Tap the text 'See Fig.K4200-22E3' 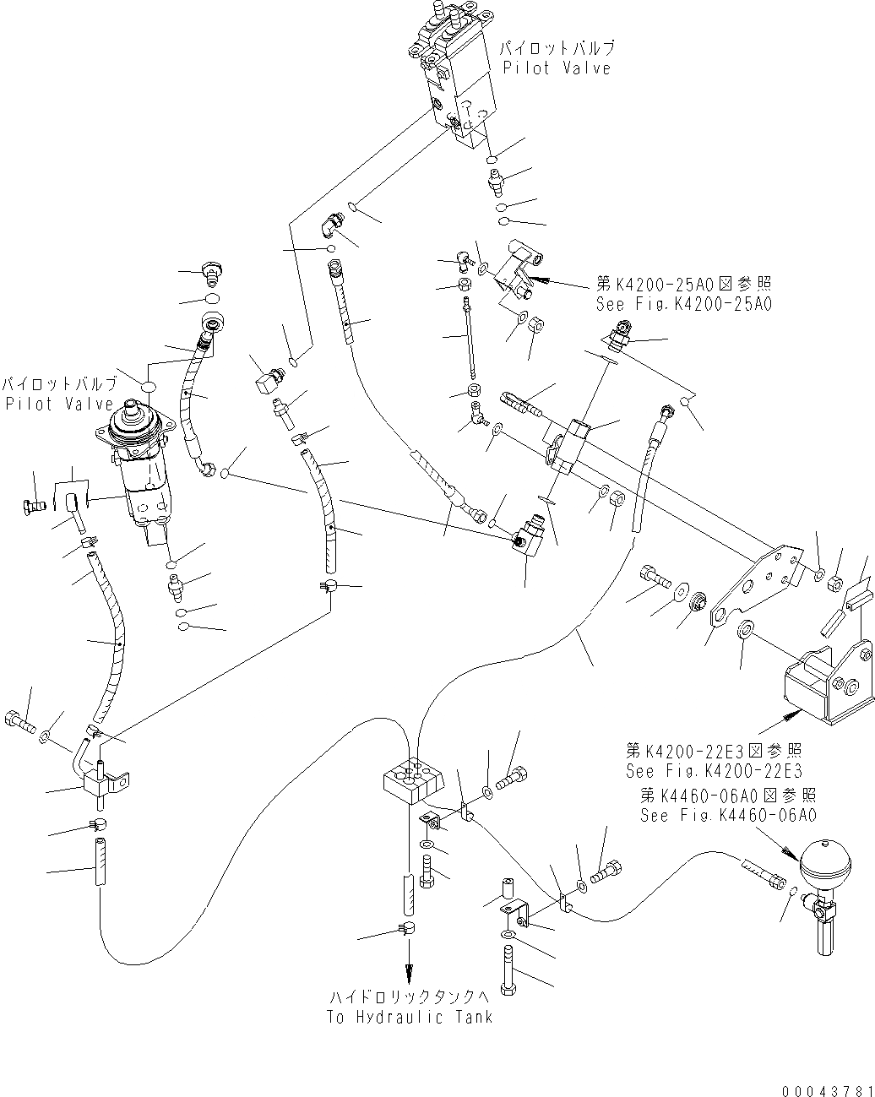coord(714,770)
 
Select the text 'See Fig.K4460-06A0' coord(728,815)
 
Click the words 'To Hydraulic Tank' coord(410,1017)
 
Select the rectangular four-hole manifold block coord(412,779)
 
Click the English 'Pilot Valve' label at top coord(557,68)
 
